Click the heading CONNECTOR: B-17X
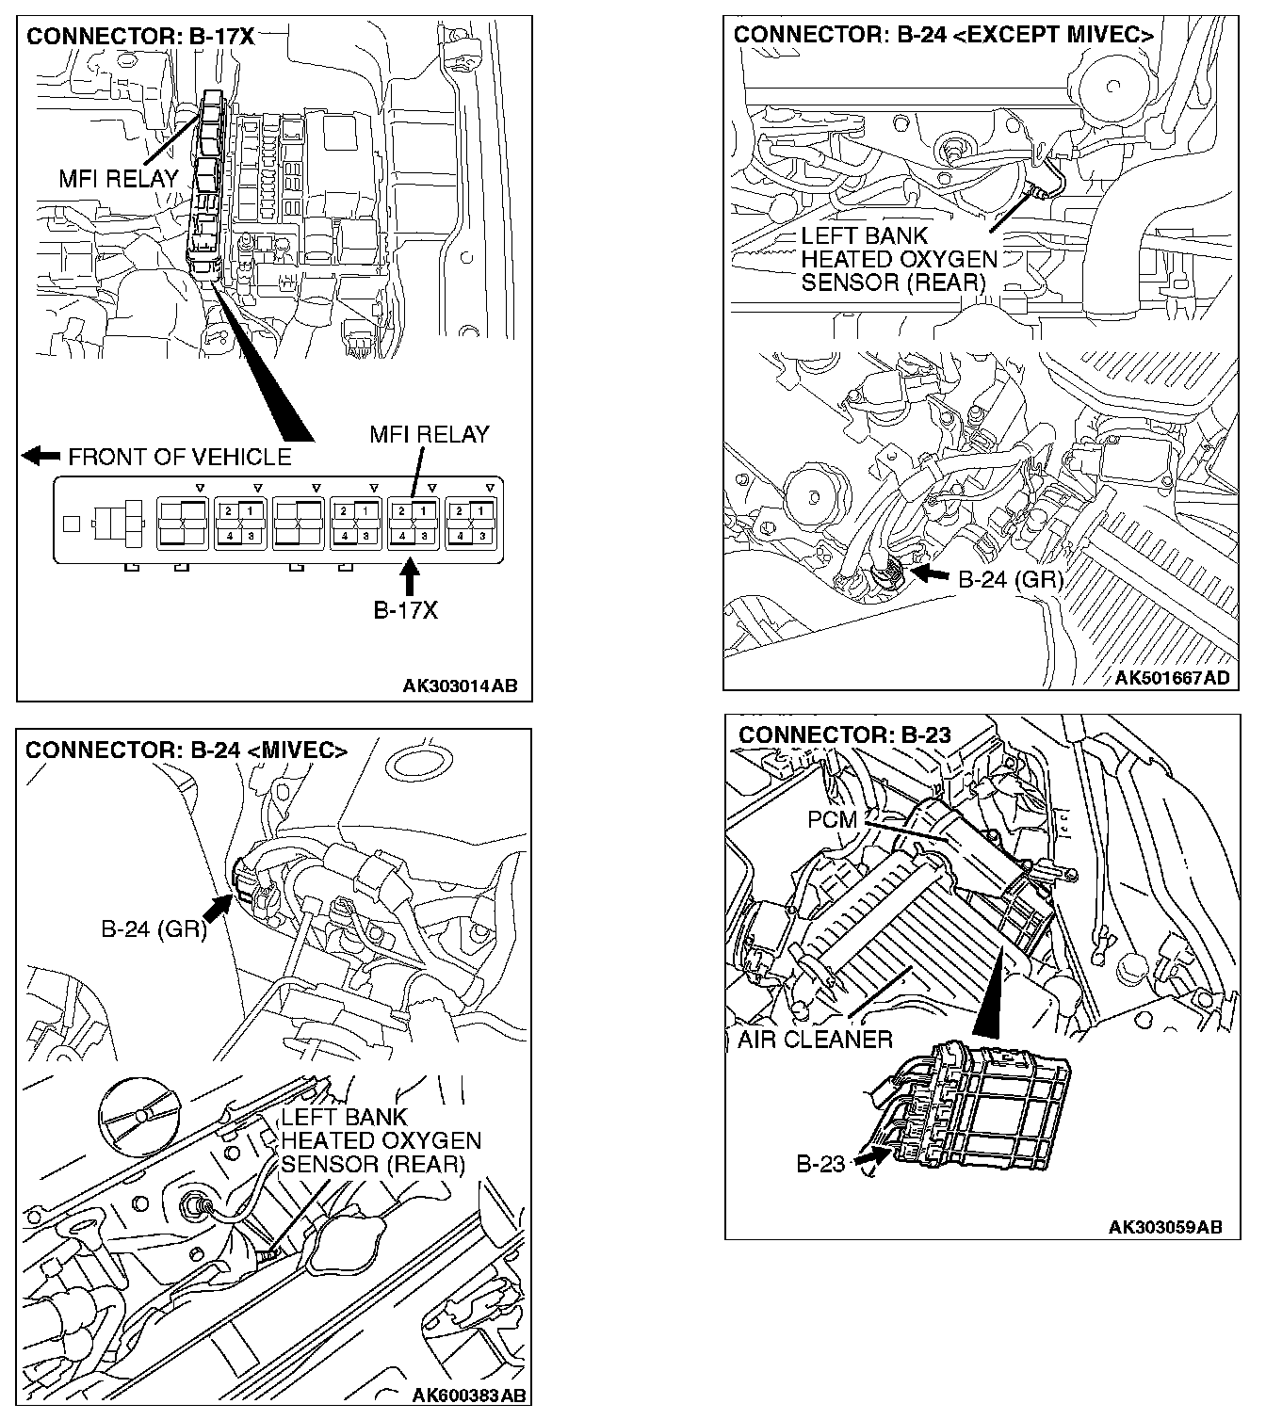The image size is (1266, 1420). [140, 37]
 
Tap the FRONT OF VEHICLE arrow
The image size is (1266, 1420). [41, 457]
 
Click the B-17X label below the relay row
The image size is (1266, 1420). [405, 610]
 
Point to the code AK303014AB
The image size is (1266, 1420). [460, 686]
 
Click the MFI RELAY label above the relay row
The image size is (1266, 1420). [429, 434]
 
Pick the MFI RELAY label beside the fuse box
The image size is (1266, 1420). [118, 178]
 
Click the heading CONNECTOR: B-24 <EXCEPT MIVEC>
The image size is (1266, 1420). [943, 36]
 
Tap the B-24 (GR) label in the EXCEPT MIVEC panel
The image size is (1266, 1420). [1010, 579]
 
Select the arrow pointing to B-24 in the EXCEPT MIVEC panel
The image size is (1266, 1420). [933, 573]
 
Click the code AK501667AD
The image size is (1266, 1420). [1172, 678]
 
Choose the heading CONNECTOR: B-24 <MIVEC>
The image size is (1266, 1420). [187, 750]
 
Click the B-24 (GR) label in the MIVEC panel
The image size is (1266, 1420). [154, 929]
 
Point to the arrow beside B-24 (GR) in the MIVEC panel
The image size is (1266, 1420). [218, 910]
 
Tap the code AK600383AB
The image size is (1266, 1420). [469, 1395]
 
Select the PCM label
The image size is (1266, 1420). [833, 820]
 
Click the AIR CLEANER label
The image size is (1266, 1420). [815, 1040]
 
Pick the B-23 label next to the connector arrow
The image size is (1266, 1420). [821, 1165]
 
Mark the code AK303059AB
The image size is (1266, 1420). [1165, 1227]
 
